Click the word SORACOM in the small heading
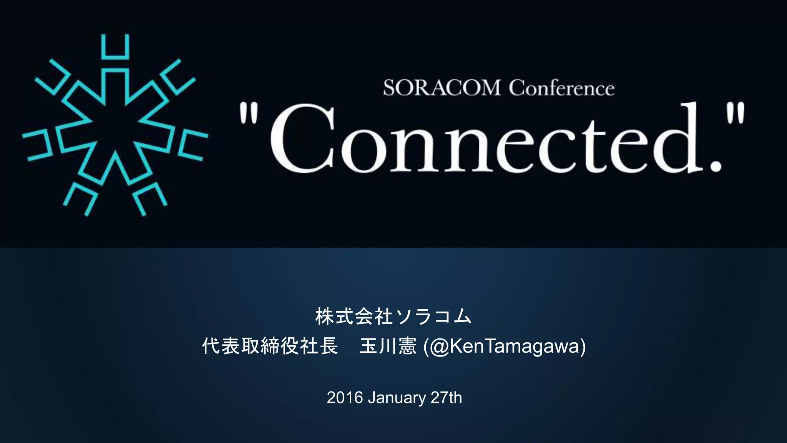(x=442, y=88)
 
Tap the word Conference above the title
(x=562, y=88)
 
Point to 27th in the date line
(x=446, y=398)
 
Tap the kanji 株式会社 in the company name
(x=354, y=316)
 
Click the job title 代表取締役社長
(x=270, y=346)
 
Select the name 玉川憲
(x=388, y=346)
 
